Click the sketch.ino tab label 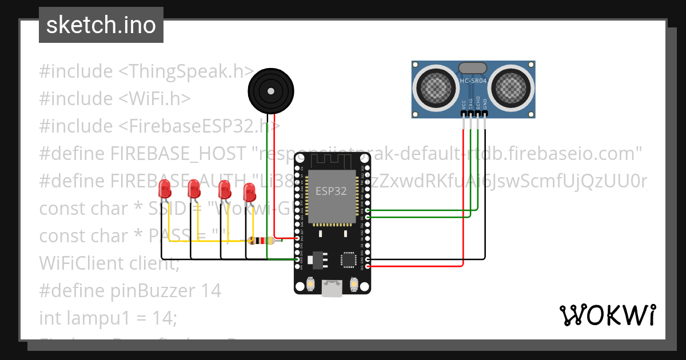[101, 25]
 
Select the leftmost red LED [165, 189]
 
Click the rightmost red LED [249, 192]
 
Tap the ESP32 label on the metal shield [332, 191]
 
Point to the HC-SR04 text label [473, 81]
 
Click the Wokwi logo [607, 315]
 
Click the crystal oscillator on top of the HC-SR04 [473, 69]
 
